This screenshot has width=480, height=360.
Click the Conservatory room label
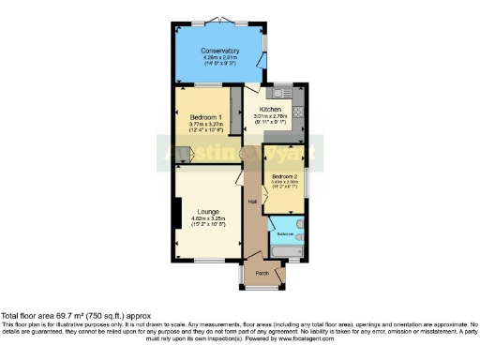pyautogui.click(x=220, y=51)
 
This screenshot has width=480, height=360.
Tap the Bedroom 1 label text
pyautogui.click(x=200, y=115)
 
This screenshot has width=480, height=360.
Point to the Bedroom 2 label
pyautogui.click(x=284, y=175)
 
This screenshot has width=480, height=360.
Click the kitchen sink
pyautogui.click(x=278, y=93)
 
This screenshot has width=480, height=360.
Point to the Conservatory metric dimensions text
pyautogui.click(x=220, y=58)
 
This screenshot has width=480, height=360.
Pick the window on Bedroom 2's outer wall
pyautogui.click(x=307, y=181)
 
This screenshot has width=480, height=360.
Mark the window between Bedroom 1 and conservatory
pyautogui.click(x=201, y=87)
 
